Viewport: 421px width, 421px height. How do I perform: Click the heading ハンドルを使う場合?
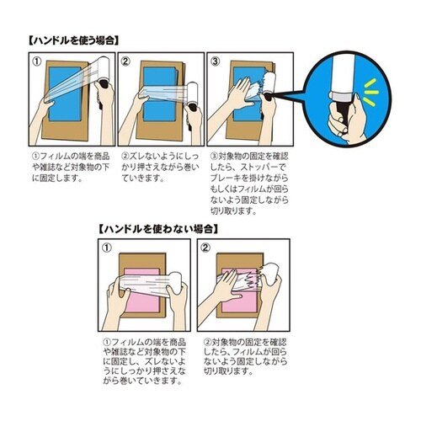[x=74, y=40]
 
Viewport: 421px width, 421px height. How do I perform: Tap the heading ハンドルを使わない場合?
[x=158, y=229]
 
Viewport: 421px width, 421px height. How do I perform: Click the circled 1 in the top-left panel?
[x=37, y=61]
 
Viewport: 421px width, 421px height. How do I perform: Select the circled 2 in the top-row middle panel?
[x=125, y=61]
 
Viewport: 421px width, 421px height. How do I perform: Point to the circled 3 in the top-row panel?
[x=216, y=61]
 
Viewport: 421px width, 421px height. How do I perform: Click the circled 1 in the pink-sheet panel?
[x=107, y=248]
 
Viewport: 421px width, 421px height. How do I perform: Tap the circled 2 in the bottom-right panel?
[x=205, y=248]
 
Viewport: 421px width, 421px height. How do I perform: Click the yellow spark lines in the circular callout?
[x=370, y=93]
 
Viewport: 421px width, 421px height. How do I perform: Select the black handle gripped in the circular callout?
[x=340, y=112]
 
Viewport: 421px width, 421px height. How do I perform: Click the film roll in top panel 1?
[x=103, y=69]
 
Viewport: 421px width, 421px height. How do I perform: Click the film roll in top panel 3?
[x=270, y=83]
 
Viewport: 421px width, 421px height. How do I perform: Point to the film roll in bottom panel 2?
[x=271, y=274]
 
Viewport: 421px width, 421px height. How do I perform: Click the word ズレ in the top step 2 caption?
[x=136, y=157]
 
